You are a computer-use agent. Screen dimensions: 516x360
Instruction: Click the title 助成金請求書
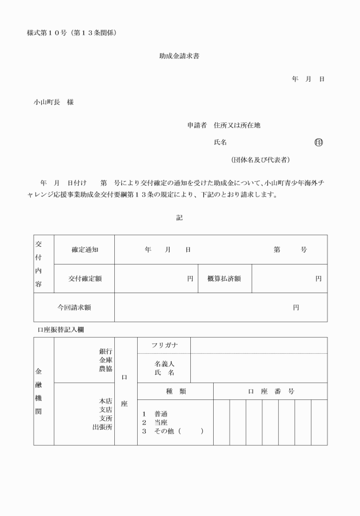click(179, 56)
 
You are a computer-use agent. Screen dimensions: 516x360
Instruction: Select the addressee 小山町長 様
click(53, 102)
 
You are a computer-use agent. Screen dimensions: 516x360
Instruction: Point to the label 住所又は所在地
click(237, 125)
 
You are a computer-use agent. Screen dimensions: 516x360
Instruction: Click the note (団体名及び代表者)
click(259, 159)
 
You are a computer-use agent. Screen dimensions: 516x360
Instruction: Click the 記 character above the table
click(179, 218)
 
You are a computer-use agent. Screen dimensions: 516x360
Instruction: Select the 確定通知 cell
click(85, 250)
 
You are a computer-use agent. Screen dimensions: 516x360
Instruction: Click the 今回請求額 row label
click(74, 307)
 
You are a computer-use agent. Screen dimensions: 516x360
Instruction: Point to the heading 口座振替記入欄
click(62, 330)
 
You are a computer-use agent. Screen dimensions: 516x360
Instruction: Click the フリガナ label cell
click(165, 345)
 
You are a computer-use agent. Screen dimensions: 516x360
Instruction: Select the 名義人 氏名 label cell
click(164, 368)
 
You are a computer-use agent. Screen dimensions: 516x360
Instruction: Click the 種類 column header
click(175, 391)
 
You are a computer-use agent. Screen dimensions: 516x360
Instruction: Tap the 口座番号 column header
click(270, 391)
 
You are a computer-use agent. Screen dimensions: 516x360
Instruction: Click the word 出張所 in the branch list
click(102, 427)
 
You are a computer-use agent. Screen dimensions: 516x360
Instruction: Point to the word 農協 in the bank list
click(106, 369)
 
